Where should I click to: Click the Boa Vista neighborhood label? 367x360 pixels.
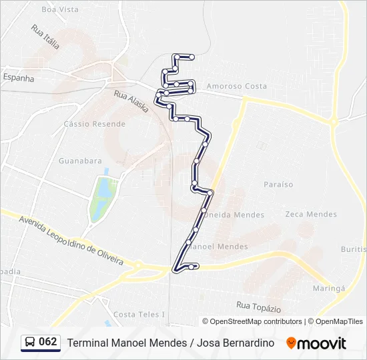click(x=59, y=9)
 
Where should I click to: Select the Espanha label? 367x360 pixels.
click(x=18, y=77)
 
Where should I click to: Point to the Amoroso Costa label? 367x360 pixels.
click(x=236, y=86)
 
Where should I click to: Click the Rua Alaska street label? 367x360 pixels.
click(x=131, y=101)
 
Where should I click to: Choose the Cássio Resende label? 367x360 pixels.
click(x=95, y=124)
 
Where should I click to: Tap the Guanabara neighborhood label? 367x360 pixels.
click(x=80, y=161)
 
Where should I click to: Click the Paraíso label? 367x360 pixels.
click(x=278, y=184)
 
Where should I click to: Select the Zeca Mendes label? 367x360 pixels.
click(x=311, y=214)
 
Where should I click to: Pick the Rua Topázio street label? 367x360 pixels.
click(x=258, y=307)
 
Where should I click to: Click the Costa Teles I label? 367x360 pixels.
click(x=139, y=314)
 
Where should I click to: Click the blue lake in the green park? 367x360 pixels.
click(x=103, y=189)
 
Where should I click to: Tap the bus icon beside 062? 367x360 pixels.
click(x=31, y=342)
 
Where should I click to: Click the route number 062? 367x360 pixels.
click(x=48, y=342)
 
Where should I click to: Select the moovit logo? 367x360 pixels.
click(x=316, y=343)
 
